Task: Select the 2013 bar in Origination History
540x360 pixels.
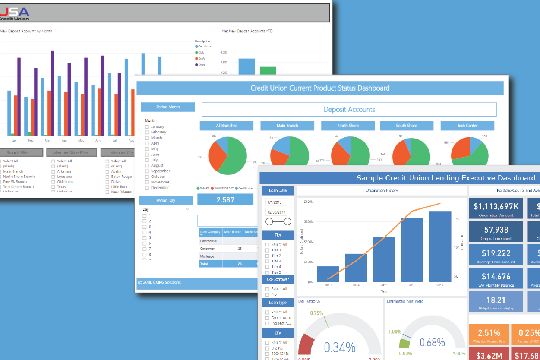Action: (x=328, y=274)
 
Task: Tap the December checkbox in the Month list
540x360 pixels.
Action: (x=147, y=188)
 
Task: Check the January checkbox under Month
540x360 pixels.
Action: (x=147, y=127)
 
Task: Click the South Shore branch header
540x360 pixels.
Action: (x=406, y=126)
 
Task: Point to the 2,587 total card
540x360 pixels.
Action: (x=225, y=199)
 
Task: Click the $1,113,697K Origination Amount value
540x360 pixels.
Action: (x=496, y=207)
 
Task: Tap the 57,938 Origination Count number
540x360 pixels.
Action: (x=496, y=230)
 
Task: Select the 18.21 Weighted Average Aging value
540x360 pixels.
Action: (x=496, y=300)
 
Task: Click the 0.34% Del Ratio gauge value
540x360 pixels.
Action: (x=340, y=347)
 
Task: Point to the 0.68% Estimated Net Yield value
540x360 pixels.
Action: (x=432, y=343)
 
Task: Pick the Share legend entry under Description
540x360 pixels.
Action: (x=197, y=65)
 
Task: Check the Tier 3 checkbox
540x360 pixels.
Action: (x=268, y=261)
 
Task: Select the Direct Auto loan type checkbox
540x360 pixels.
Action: (x=268, y=318)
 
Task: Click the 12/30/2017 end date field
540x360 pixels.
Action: (x=276, y=212)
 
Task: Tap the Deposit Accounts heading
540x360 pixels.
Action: (x=349, y=110)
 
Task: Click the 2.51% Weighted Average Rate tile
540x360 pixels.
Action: (x=489, y=333)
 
